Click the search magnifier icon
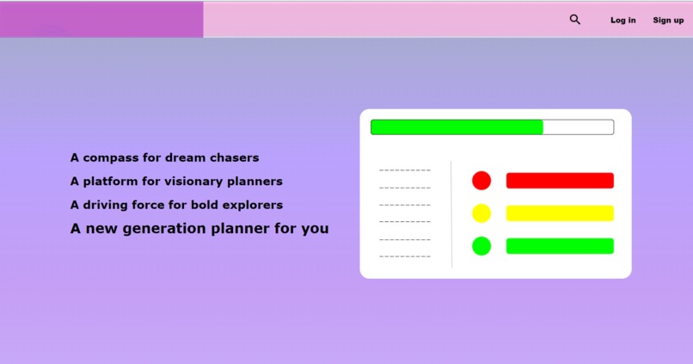[575, 19]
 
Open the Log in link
[623, 20]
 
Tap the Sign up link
[668, 20]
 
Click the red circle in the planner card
[481, 181]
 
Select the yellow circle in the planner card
[481, 213]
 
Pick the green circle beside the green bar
[481, 246]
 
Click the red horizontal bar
[560, 181]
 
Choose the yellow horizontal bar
[560, 213]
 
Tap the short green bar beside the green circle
[560, 246]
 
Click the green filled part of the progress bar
[457, 127]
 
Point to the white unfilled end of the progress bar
[578, 127]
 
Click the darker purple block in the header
[101, 20]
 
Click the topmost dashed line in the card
[405, 170]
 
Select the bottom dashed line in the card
[405, 256]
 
